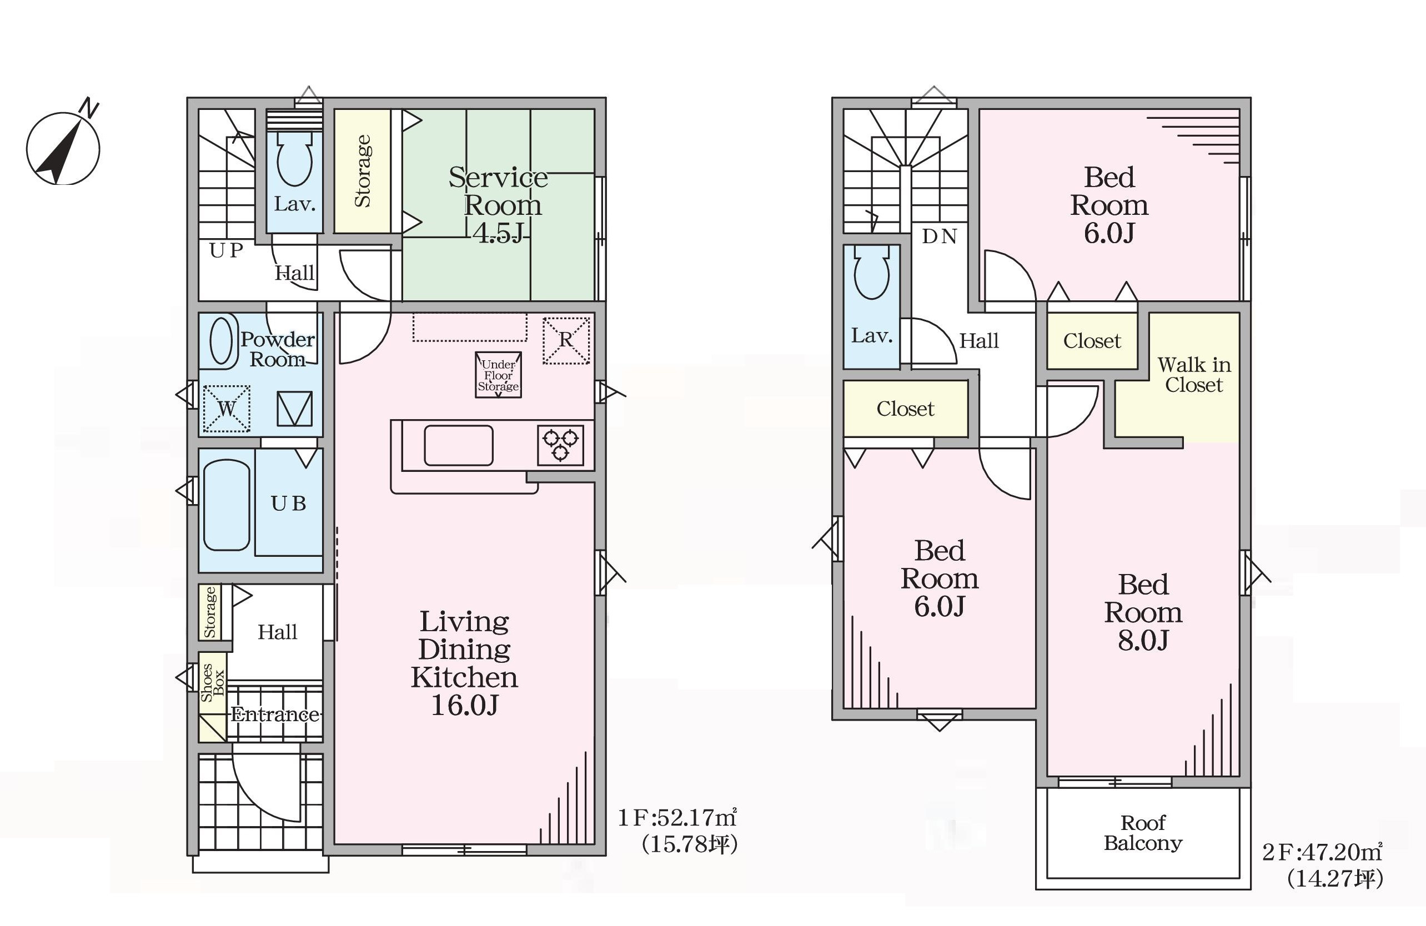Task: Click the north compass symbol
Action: [x=63, y=145]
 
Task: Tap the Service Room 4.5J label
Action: [x=499, y=205]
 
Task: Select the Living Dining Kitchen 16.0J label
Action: [x=464, y=663]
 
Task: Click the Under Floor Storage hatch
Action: [x=499, y=375]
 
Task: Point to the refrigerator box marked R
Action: [x=566, y=340]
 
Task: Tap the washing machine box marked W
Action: [x=227, y=409]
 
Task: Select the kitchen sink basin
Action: [x=458, y=446]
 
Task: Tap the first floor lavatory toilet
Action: [x=294, y=159]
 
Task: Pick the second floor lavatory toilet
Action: [x=872, y=273]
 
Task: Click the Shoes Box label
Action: [x=213, y=682]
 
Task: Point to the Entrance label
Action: [x=275, y=714]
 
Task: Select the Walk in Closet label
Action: [x=1193, y=374]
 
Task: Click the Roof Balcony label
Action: [x=1143, y=833]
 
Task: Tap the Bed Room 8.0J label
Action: [x=1143, y=612]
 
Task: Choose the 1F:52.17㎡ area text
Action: [x=677, y=817]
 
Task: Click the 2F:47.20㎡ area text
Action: [x=1322, y=852]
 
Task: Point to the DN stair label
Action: [x=939, y=236]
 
